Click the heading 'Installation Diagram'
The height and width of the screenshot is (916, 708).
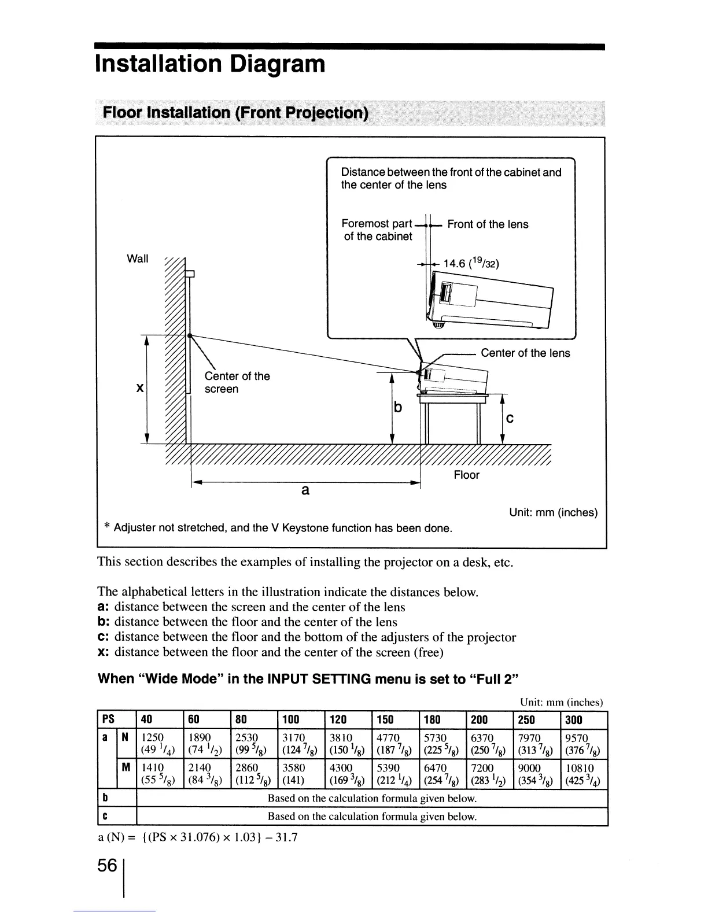coord(210,64)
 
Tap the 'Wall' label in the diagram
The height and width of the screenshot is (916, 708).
coord(137,258)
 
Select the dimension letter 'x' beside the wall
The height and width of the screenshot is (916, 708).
coord(139,389)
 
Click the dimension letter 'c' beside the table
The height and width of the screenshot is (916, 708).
coord(509,418)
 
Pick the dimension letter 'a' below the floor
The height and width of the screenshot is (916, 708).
coord(305,490)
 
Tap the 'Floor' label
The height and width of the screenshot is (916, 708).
coord(466,475)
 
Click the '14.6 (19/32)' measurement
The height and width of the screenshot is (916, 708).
coord(470,264)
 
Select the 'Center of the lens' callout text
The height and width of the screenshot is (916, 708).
coord(525,353)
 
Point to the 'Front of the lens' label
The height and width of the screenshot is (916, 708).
coord(488,224)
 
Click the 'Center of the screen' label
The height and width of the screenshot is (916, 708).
coord(237,382)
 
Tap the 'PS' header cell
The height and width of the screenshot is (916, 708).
coord(108,719)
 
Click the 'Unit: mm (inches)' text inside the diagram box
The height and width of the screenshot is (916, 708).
coord(553,512)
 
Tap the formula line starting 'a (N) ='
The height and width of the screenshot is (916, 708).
coord(197,837)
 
